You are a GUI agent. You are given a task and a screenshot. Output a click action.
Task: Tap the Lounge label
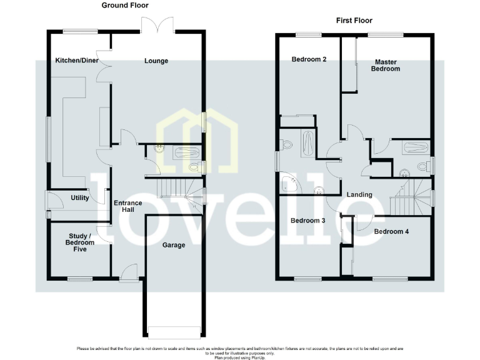[156, 61]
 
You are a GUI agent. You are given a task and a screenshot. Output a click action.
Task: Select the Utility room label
[80, 198]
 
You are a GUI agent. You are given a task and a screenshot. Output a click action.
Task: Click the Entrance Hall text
[128, 206]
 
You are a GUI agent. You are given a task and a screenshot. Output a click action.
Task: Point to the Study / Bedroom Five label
[79, 242]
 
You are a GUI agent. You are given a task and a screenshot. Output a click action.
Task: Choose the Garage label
[174, 245]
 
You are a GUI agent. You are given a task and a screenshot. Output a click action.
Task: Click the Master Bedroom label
[387, 65]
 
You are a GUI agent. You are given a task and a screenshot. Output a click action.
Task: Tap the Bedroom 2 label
[309, 59]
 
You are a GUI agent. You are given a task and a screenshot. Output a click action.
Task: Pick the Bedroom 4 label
[391, 232]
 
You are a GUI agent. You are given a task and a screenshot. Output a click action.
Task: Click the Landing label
[359, 194]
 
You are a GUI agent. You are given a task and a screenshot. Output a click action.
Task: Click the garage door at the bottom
[174, 331]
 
